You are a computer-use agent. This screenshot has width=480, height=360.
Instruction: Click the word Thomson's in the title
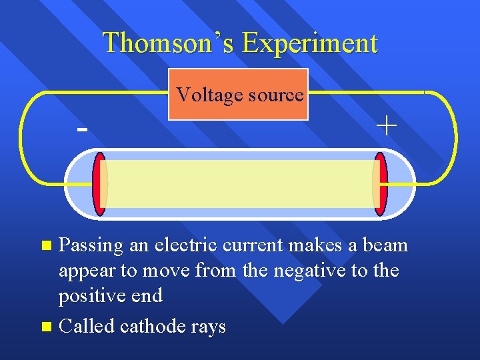point(169,43)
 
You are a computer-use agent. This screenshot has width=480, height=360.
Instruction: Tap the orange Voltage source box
point(238,94)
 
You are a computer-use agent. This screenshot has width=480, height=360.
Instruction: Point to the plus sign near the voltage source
point(386,126)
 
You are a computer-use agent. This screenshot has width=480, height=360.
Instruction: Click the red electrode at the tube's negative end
point(100,184)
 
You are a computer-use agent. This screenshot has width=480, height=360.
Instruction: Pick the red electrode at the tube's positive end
point(380,184)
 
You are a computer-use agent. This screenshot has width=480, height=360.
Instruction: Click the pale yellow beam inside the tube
point(240,184)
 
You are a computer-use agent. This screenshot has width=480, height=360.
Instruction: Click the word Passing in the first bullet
point(91,246)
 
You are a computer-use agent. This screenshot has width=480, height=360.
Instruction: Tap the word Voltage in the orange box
point(206,95)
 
